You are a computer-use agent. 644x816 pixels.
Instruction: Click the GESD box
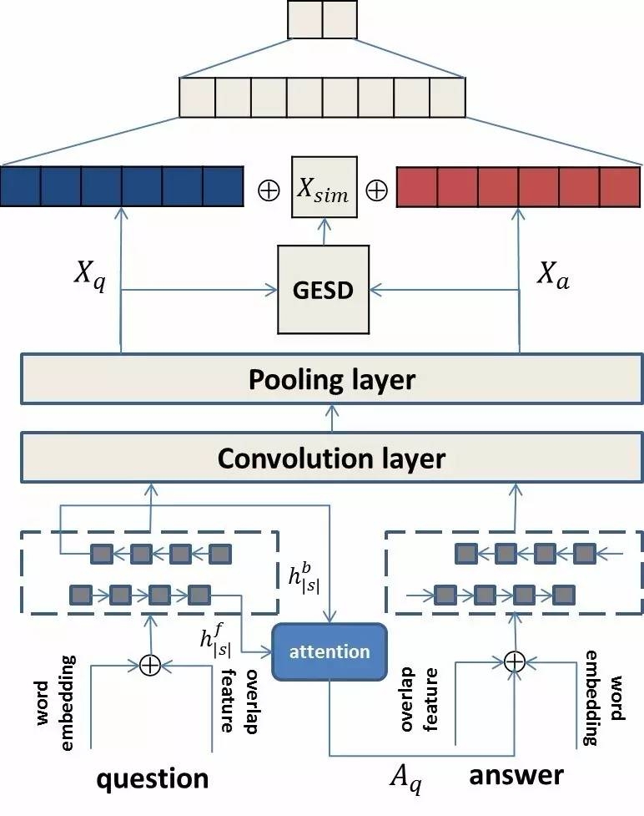click(322, 290)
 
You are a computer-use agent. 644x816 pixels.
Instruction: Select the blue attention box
click(330, 651)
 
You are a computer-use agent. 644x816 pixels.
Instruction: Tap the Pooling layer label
click(331, 380)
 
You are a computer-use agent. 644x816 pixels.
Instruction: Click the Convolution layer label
click(331, 458)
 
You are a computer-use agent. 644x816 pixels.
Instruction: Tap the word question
click(153, 778)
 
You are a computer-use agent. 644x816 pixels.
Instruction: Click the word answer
click(516, 774)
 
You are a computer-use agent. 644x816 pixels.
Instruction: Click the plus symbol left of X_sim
click(269, 190)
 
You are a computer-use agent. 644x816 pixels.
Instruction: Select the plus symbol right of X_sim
click(376, 190)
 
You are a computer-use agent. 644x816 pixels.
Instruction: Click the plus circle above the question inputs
click(149, 665)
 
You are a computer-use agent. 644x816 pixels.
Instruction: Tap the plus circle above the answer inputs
click(515, 661)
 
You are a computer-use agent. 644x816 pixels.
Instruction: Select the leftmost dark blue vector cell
click(20, 186)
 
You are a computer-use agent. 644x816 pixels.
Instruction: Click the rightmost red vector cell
click(620, 186)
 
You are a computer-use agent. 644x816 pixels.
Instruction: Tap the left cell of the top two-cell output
click(304, 20)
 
